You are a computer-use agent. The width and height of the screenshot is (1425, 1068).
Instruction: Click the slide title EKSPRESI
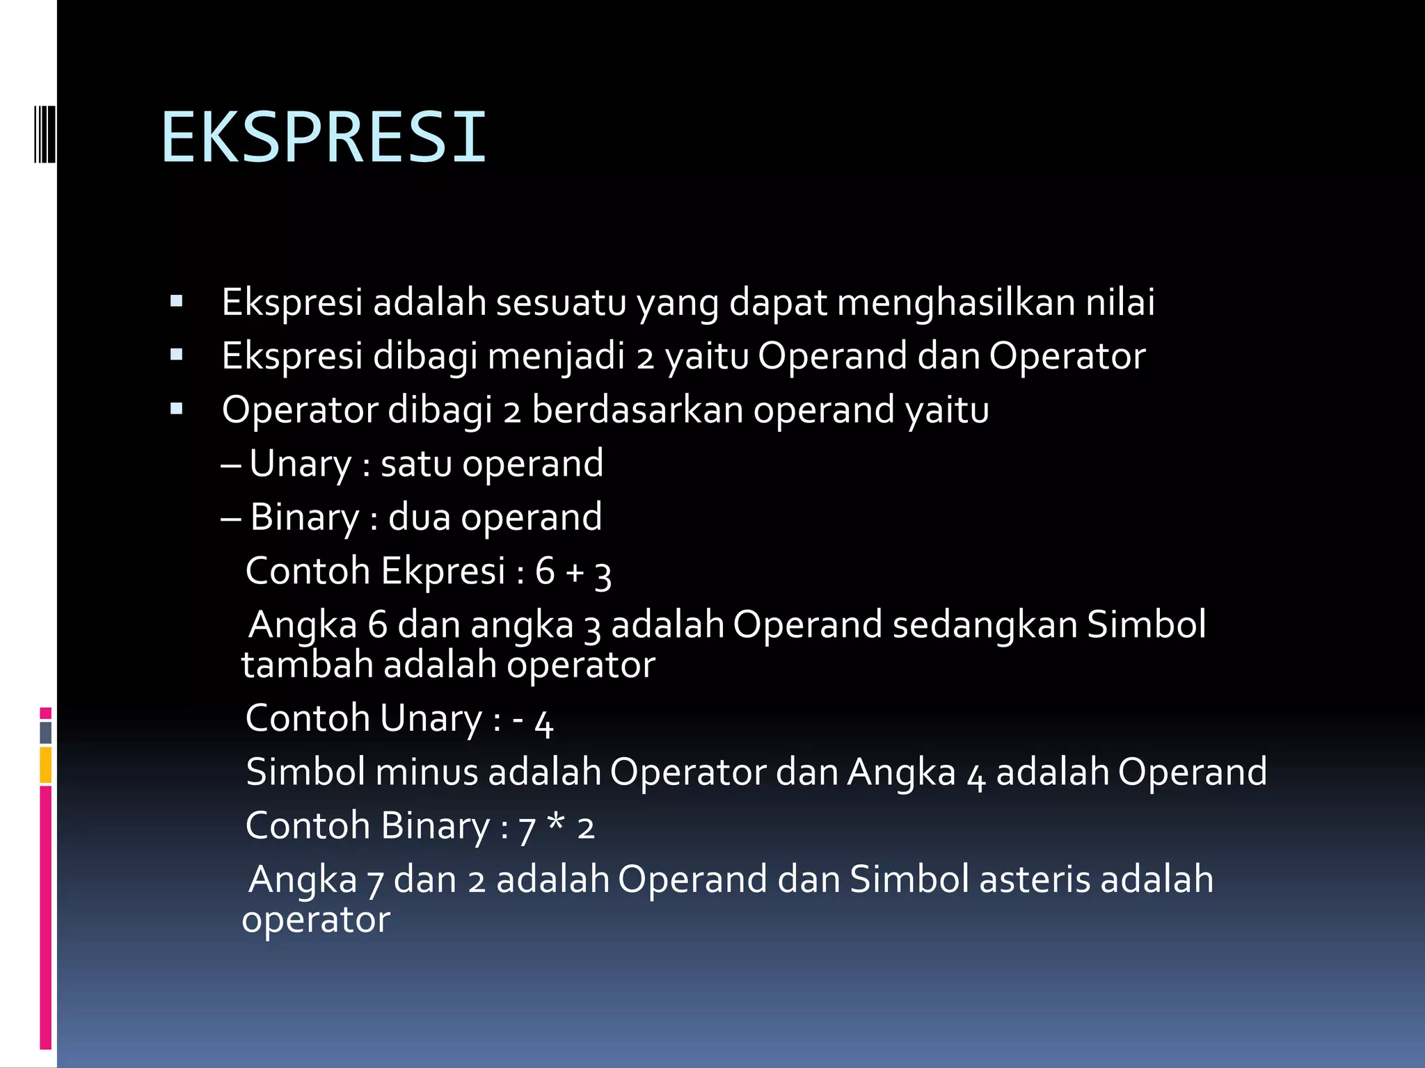324,137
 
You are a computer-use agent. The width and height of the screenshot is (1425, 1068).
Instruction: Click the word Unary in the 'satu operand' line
301,464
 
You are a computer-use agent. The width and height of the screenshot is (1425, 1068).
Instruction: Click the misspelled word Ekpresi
443,572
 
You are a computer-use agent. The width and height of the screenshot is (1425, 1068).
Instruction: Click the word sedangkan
985,624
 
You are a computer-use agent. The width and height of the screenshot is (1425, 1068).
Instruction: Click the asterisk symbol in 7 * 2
555,823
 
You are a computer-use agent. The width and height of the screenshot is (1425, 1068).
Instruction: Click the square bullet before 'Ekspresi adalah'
176,302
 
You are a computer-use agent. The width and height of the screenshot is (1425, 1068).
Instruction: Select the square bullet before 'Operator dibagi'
176,410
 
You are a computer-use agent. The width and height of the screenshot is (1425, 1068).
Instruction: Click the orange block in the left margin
46,765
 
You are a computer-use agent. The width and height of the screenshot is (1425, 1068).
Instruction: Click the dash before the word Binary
230,519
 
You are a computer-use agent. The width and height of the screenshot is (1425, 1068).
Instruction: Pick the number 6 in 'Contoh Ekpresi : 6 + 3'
545,572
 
